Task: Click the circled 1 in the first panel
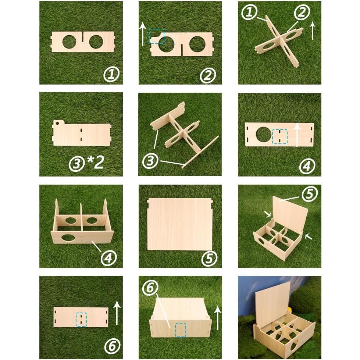coord(111,75)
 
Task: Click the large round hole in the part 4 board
coord(264,135)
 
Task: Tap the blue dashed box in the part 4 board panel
coord(279,136)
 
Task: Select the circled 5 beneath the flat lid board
coord(209,259)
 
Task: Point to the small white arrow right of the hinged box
coord(308,237)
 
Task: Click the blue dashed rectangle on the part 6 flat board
coord(81,320)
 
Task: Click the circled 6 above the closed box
coord(150,289)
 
